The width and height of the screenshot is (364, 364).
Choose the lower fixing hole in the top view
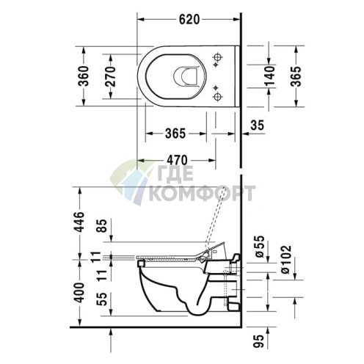point(218,95)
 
